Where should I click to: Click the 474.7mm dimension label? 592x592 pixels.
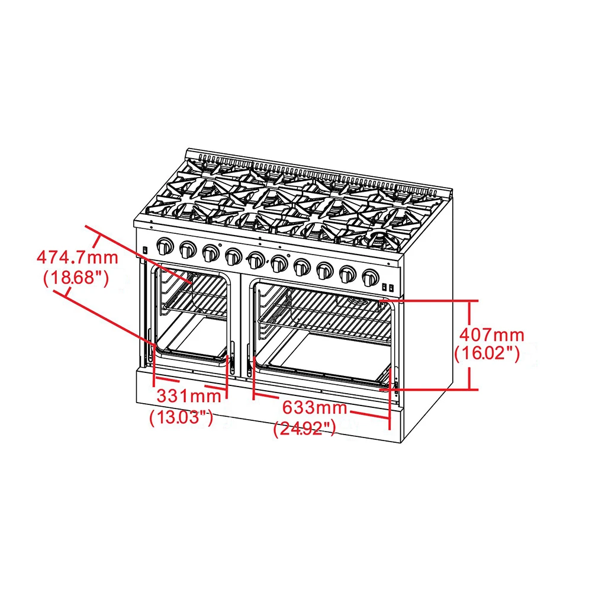pyautogui.click(x=77, y=258)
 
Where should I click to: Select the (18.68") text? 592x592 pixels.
pyautogui.click(x=76, y=278)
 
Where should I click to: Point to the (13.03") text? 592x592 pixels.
pyautogui.click(x=181, y=417)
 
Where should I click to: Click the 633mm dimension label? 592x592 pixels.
pyautogui.click(x=314, y=408)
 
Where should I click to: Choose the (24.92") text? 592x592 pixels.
pyautogui.click(x=305, y=428)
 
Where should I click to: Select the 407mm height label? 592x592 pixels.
pyautogui.click(x=488, y=335)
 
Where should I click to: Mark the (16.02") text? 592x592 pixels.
pyautogui.click(x=487, y=353)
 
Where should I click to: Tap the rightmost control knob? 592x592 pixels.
pyautogui.click(x=371, y=276)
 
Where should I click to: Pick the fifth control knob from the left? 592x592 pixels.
pyautogui.click(x=256, y=260)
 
